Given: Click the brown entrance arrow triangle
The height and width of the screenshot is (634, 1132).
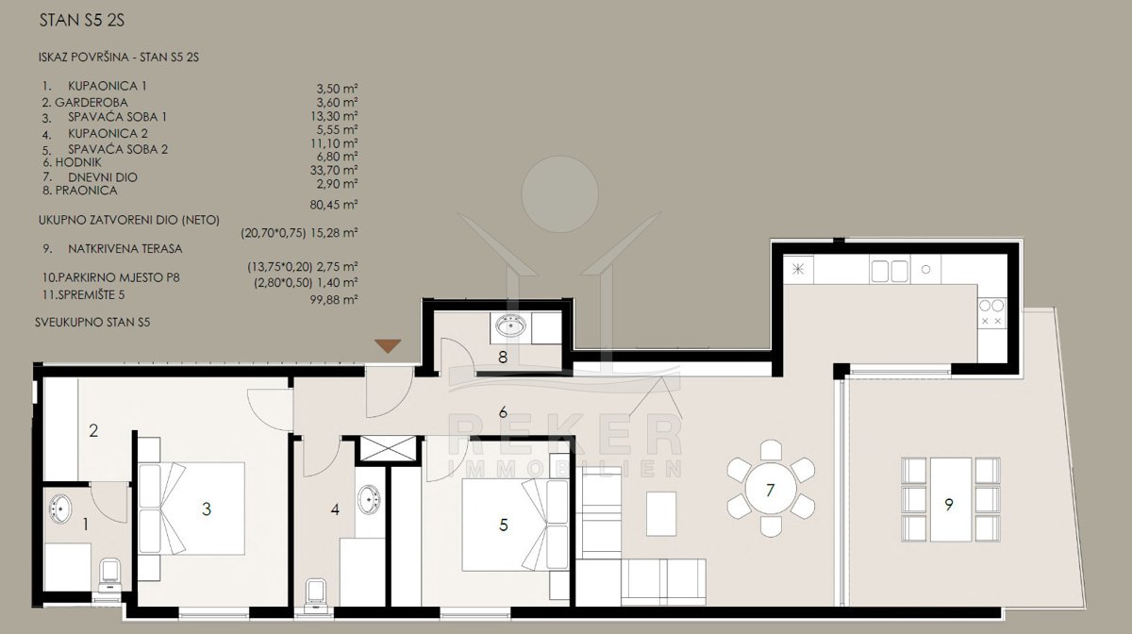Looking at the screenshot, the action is click(388, 345).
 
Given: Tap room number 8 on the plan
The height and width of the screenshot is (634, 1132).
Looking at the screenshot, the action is click(502, 358).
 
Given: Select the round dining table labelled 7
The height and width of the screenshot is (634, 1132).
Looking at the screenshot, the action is click(770, 489).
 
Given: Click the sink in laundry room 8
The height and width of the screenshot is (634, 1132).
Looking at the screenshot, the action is click(510, 325).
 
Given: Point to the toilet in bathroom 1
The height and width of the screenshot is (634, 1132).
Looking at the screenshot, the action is click(110, 576).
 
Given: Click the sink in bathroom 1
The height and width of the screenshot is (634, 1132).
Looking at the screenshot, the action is click(60, 509).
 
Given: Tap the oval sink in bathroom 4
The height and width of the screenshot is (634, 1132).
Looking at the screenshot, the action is click(370, 499).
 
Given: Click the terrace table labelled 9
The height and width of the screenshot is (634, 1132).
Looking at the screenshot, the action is click(951, 499).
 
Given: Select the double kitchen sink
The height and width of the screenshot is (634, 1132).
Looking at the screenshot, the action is click(890, 271).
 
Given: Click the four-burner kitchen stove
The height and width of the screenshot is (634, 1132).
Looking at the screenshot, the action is click(992, 313).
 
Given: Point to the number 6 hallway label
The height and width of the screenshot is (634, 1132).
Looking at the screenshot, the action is click(502, 412).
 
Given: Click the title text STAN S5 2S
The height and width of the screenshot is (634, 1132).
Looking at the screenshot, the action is click(82, 20).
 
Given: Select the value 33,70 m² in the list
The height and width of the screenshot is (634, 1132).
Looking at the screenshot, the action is click(334, 170).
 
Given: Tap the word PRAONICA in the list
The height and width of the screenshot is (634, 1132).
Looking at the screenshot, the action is click(86, 191).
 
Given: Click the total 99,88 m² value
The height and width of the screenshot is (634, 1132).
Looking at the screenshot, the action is click(334, 299).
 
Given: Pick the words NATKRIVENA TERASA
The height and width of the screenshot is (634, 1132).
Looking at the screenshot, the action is click(125, 249).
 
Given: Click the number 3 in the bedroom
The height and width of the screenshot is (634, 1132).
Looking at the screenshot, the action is click(207, 509).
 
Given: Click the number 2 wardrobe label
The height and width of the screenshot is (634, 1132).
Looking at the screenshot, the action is click(93, 431).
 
